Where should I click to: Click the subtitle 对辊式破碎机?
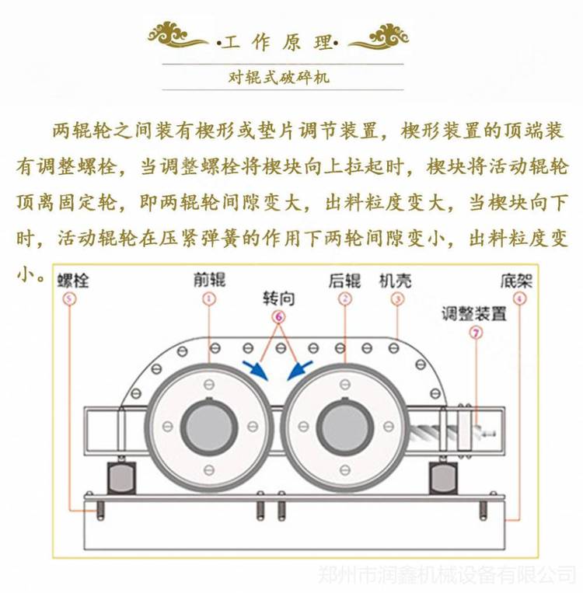[277, 77]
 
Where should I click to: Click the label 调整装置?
[474, 314]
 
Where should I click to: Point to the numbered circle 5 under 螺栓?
[72, 298]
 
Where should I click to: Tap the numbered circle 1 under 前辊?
[208, 298]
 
